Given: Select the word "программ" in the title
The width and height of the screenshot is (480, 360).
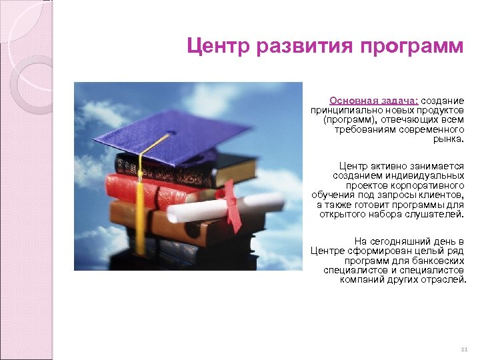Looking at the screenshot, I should [x=412, y=47].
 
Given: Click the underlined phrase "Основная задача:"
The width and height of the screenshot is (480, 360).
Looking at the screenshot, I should [x=365, y=100].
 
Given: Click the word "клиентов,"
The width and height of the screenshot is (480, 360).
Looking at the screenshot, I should [x=442, y=195].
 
